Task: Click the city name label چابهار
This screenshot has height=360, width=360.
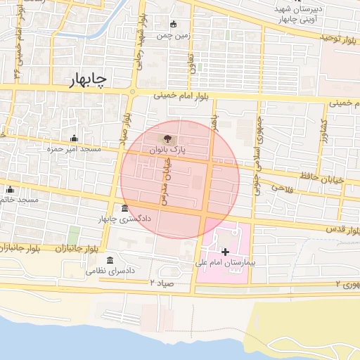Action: coord(89,81)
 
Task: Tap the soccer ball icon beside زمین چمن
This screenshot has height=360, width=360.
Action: coord(173,25)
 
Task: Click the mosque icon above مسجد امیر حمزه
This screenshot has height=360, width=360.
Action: coord(74,138)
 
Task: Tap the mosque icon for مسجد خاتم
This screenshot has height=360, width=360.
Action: coord(10,189)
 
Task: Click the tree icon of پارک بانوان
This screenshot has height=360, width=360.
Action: coord(167,139)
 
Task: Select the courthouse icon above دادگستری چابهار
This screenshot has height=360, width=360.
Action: coord(124,208)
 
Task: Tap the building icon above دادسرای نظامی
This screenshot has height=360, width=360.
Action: coord(109,259)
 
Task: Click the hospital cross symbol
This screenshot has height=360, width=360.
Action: coord(225,251)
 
